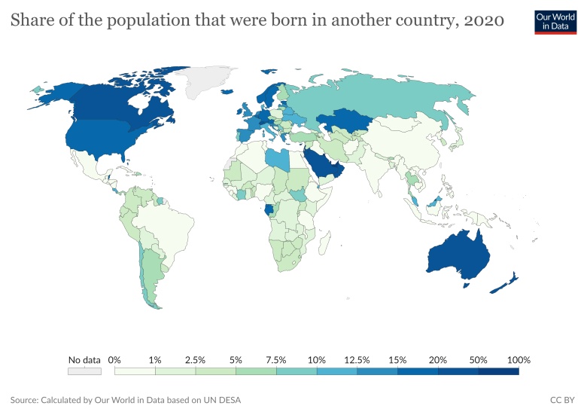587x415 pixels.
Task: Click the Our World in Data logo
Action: pos(555,21)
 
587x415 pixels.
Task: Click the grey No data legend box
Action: pos(84,371)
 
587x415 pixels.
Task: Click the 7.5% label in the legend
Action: pos(276,360)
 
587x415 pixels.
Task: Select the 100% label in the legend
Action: pos(519,360)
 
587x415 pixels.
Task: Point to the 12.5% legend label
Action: pos(357,360)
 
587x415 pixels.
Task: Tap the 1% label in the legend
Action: pos(155,360)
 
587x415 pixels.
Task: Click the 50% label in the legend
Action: pos(479,360)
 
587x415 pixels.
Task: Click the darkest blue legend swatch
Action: pos(499,371)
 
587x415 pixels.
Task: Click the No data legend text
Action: pos(84,360)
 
